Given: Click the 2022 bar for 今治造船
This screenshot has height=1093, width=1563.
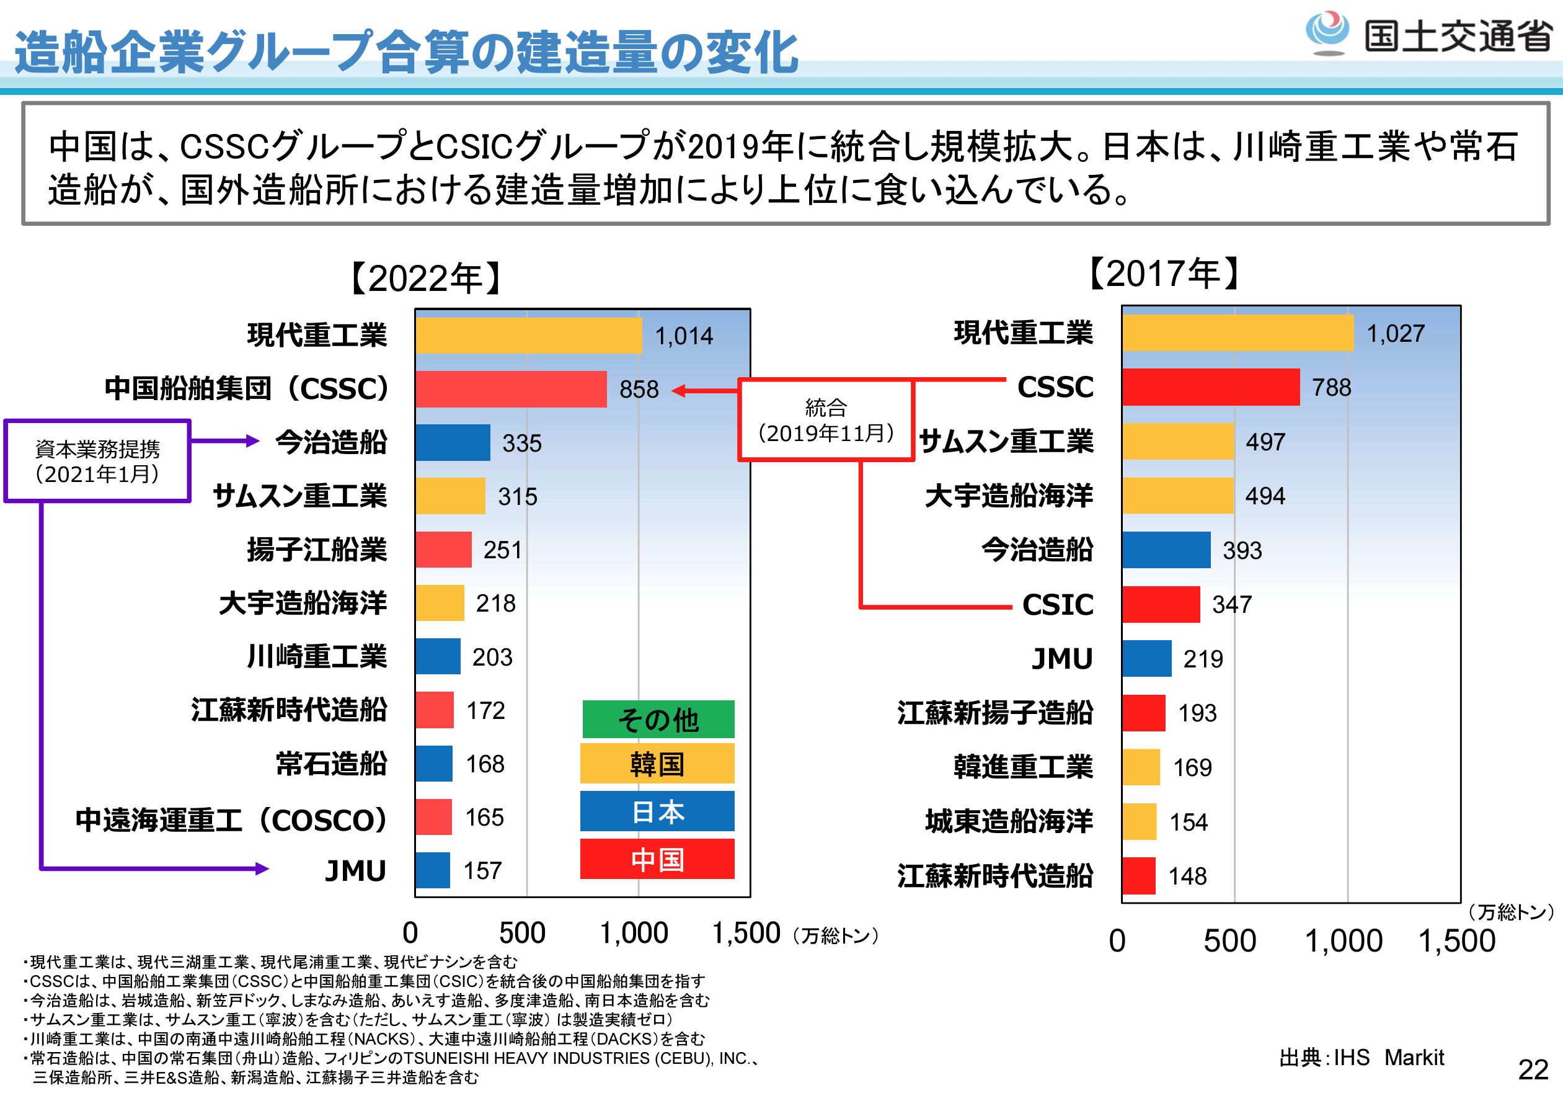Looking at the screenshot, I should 453,443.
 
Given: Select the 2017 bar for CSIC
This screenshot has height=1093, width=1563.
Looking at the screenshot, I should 1161,604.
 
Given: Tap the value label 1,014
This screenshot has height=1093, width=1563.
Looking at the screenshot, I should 683,336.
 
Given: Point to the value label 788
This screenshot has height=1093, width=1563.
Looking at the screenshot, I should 1332,388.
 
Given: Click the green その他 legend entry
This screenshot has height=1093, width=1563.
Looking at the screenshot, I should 658,719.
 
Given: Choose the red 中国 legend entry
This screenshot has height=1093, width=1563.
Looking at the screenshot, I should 657,859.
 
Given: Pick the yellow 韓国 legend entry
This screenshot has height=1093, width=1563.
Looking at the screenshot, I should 657,764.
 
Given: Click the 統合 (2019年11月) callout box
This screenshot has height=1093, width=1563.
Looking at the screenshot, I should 826,420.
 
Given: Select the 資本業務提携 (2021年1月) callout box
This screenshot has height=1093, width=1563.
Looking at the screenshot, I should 97,461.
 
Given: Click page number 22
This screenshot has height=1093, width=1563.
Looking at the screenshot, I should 1533,1070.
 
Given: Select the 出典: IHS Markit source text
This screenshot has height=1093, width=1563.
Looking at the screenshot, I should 1362,1057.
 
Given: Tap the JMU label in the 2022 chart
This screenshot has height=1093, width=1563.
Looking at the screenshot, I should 355,870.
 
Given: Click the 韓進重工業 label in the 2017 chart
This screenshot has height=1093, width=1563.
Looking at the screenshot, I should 1023,767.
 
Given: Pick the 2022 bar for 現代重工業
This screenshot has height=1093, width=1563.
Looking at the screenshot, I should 529,336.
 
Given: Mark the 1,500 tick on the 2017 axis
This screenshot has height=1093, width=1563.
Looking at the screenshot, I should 1457,941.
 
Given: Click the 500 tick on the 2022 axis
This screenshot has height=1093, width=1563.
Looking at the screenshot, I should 522,933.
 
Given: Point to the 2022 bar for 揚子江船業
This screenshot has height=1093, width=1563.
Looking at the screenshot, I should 444,550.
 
